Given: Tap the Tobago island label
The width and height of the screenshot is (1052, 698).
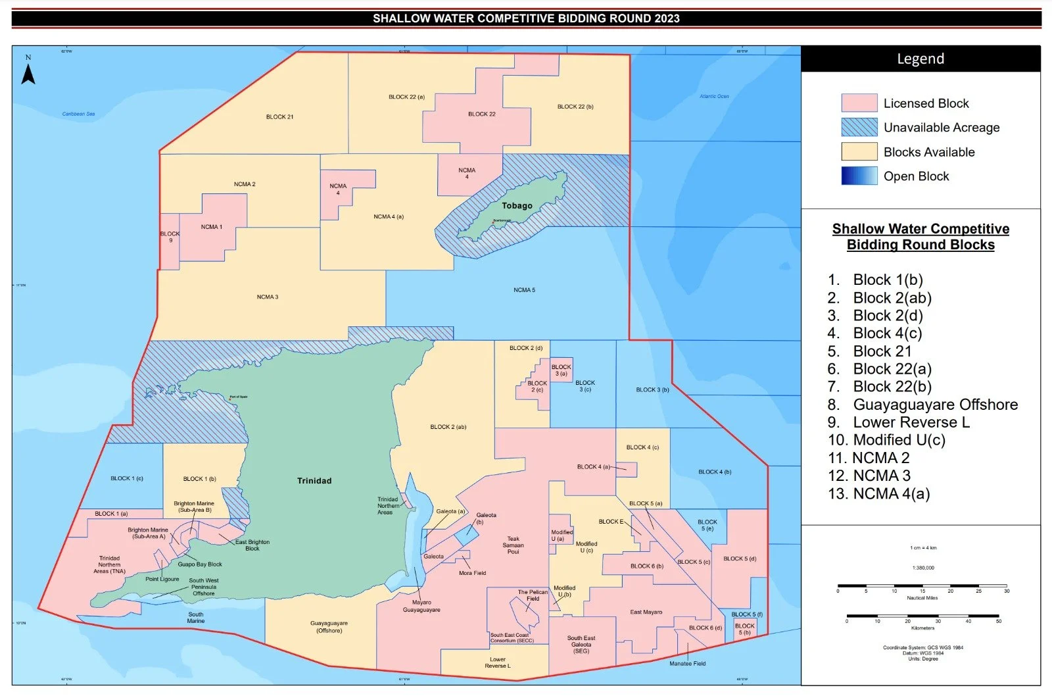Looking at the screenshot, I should pos(517,205).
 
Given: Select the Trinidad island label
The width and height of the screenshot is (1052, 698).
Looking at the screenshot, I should pos(314,481).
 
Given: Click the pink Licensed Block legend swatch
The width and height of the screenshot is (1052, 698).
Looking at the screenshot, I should pos(859,103).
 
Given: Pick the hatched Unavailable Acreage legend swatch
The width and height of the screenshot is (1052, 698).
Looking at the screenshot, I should pos(859,128).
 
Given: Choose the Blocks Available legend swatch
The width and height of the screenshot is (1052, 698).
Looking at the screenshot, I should pos(859,152).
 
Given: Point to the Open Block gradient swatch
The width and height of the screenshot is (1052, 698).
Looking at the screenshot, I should pos(859,176).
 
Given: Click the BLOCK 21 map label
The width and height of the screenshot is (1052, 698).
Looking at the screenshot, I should pos(279,117).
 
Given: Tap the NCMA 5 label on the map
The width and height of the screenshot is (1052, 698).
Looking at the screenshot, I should pos(524,290).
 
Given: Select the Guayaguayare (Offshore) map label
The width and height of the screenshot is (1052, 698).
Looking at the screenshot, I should pos(329,627).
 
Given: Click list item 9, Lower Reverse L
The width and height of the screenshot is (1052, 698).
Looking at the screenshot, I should pos(911,422).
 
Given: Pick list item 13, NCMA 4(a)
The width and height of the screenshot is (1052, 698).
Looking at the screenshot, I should pos(890,493).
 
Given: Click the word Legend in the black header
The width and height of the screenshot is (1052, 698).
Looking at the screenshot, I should pos(920,59).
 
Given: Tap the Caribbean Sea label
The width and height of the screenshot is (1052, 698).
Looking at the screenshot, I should pos(78,114).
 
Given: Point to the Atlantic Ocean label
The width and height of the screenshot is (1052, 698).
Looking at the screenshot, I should pos(714,96).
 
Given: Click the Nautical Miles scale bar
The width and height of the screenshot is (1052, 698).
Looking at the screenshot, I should pos(922,586).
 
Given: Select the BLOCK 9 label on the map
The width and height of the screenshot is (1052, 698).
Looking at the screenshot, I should pos(170,237).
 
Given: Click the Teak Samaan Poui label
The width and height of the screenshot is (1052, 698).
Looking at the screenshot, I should pos(513,545).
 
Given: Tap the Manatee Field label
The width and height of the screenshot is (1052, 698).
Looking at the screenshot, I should pos(687,664).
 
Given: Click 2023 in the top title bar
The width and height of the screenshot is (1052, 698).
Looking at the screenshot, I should pos(667,18).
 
